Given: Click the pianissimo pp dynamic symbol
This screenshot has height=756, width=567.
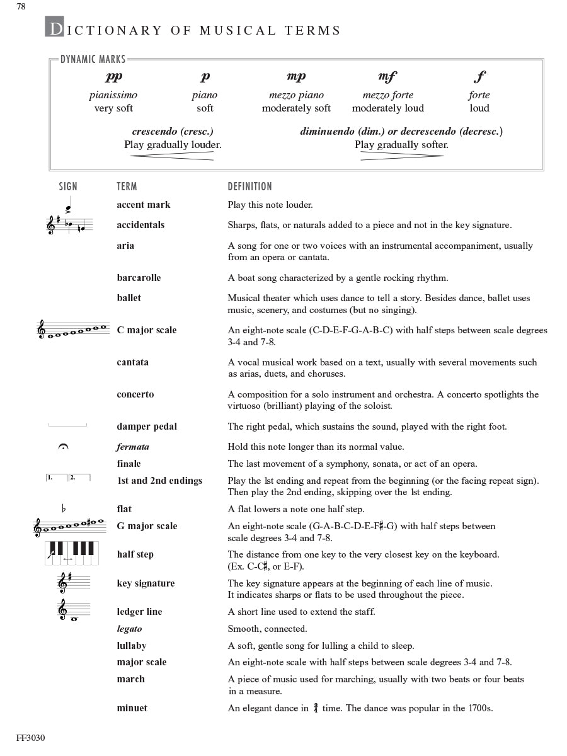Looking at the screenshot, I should click(x=113, y=77).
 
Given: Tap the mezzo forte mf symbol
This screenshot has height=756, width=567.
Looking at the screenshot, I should click(x=387, y=77).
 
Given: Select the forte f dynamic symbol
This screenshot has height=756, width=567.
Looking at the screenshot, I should click(x=479, y=77).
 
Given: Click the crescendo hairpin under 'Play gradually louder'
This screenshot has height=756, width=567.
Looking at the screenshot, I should click(x=172, y=156).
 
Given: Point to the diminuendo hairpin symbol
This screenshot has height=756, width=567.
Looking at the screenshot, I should click(x=401, y=156).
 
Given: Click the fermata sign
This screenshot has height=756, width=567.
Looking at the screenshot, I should click(x=63, y=447).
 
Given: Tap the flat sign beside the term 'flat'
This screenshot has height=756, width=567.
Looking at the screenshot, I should click(x=63, y=508).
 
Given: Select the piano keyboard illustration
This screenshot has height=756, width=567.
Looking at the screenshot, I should click(x=71, y=553).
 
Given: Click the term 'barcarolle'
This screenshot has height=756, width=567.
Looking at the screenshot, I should click(x=139, y=278).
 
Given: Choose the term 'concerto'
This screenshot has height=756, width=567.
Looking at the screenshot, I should click(x=135, y=394).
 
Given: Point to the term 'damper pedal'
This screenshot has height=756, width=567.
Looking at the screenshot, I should click(x=147, y=427).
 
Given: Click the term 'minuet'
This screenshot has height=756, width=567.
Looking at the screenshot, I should click(x=132, y=708).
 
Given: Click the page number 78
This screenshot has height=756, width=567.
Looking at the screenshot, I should click(x=21, y=6).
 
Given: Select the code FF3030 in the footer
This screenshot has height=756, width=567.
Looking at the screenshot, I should click(x=31, y=738).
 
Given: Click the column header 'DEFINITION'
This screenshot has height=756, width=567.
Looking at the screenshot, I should click(x=250, y=186).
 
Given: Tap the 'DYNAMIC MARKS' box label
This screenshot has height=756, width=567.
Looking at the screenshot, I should click(x=93, y=60).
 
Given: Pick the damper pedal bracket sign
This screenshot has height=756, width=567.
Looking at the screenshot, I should click(x=67, y=426).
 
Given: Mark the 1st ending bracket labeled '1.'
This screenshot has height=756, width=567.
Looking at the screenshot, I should click(x=56, y=478).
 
